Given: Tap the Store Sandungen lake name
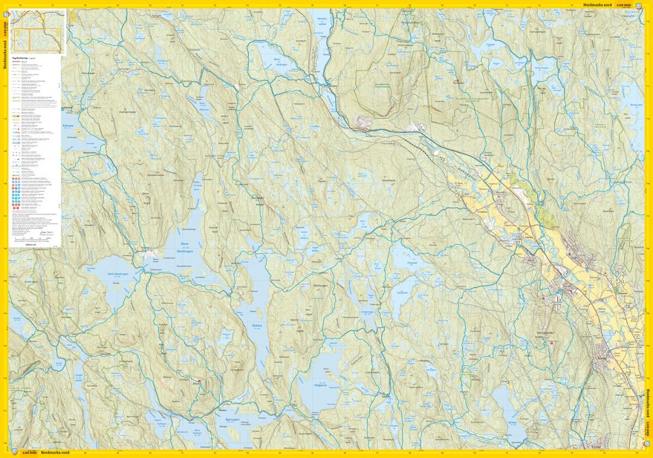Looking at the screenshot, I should tap(186, 248).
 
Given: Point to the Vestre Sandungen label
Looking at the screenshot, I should tap(117, 274).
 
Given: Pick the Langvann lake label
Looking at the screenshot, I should tap(402, 292).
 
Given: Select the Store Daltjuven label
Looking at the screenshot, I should tap(204, 104).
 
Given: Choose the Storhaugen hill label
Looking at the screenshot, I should tap(318, 285).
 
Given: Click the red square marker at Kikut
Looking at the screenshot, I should tap(199, 381).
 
